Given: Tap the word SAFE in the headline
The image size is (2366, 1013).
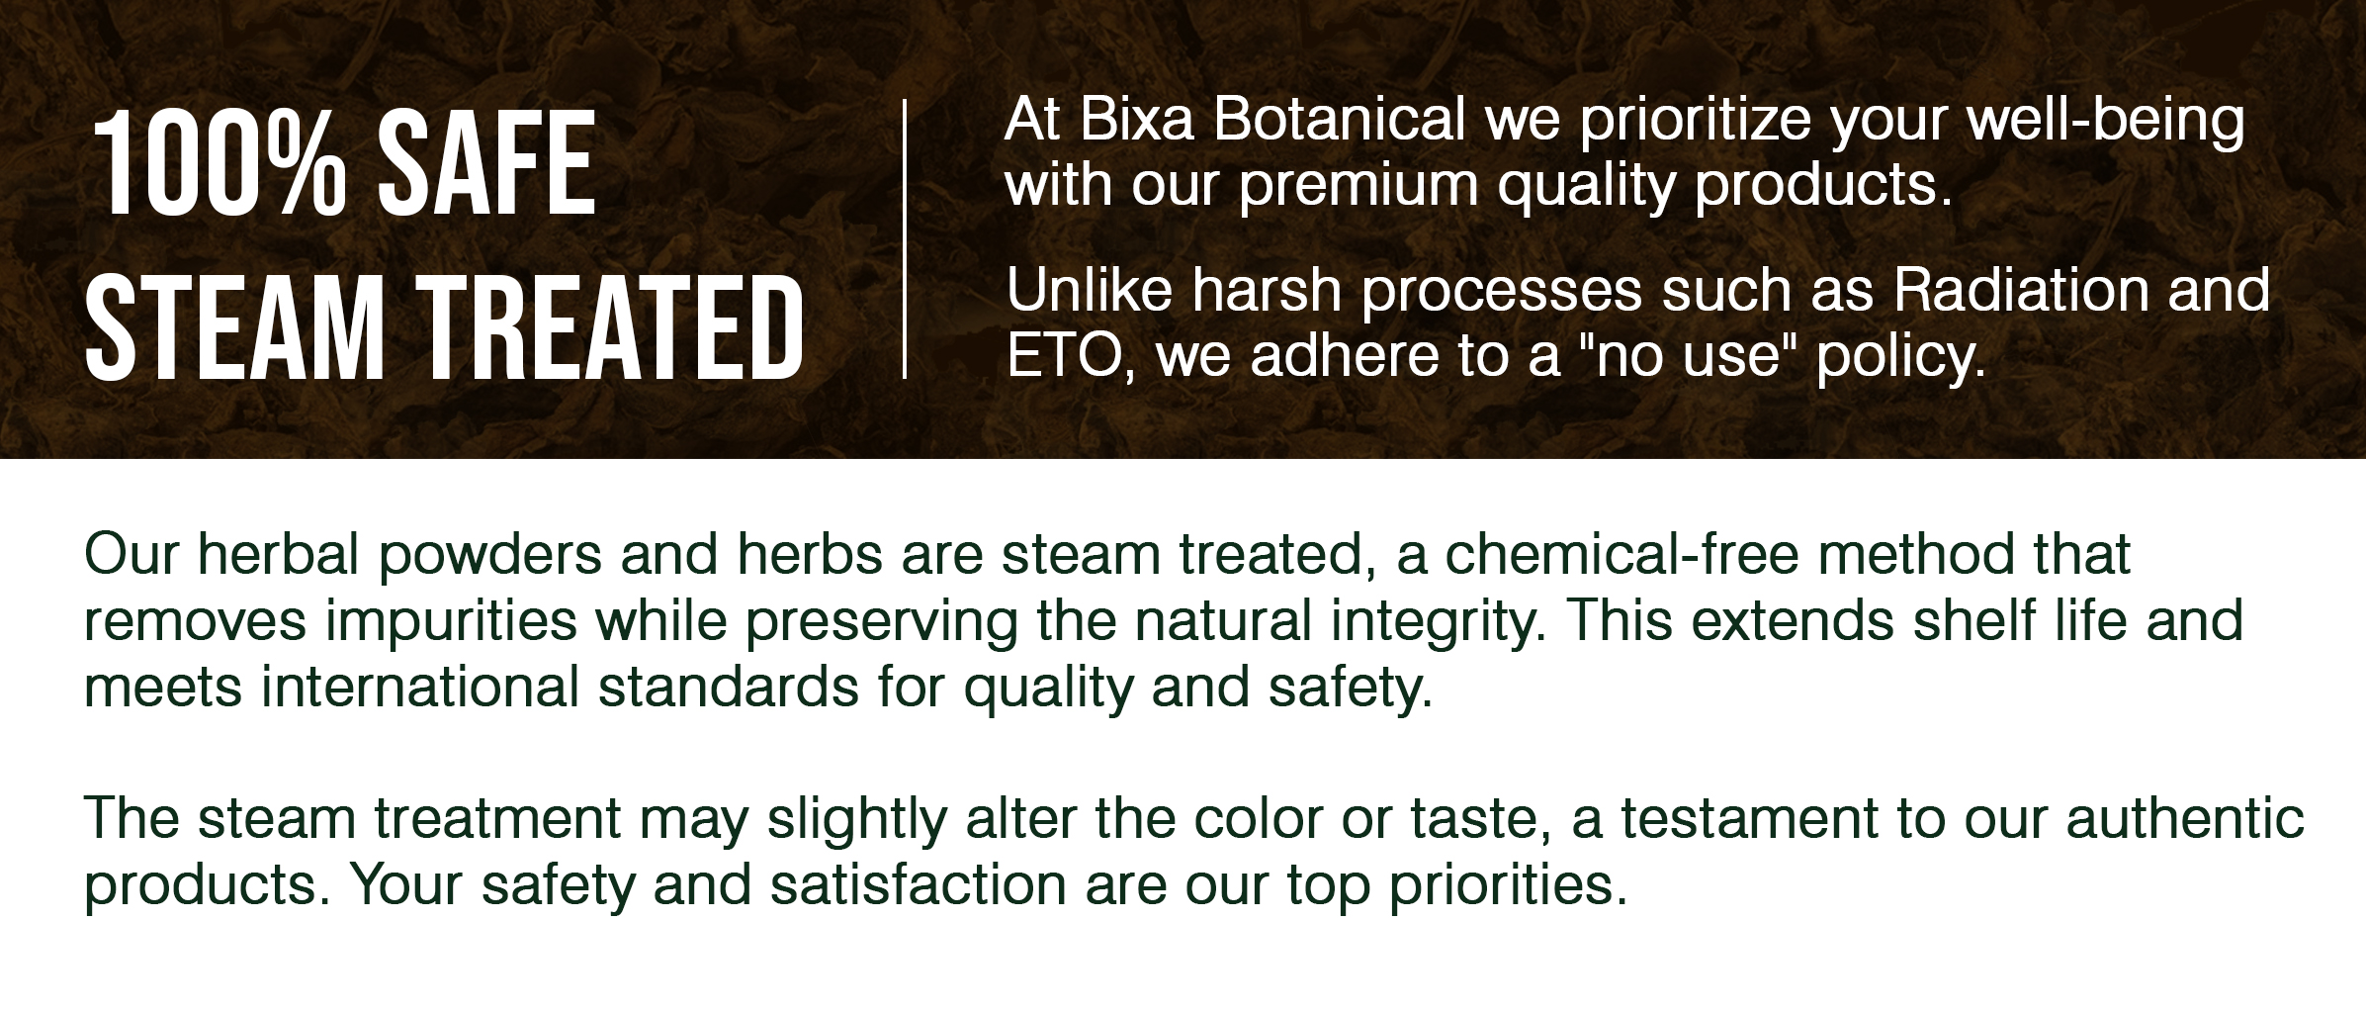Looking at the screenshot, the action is (x=487, y=163).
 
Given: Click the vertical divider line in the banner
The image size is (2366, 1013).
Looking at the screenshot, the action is (x=904, y=238).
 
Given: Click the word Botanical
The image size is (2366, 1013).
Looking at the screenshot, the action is (x=1337, y=122).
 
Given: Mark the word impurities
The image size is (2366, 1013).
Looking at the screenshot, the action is (x=451, y=621).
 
